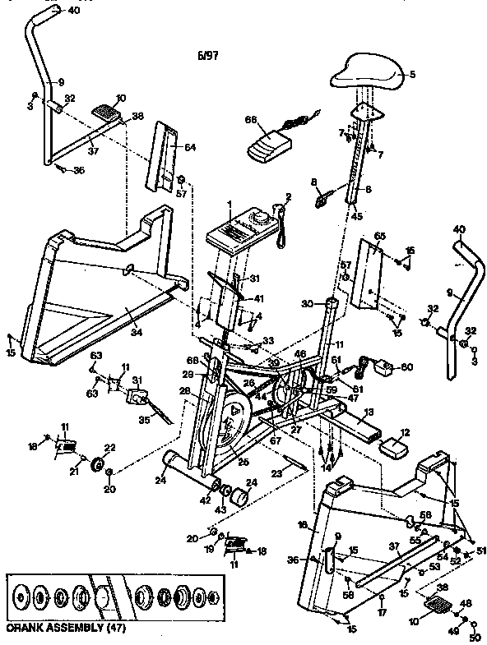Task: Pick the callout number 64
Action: coord(190,147)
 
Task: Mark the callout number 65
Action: coord(379,236)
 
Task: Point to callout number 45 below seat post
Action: coord(357,217)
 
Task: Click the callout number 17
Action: coord(381,611)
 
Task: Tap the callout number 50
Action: coord(473,638)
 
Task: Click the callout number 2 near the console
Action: coord(289,196)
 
